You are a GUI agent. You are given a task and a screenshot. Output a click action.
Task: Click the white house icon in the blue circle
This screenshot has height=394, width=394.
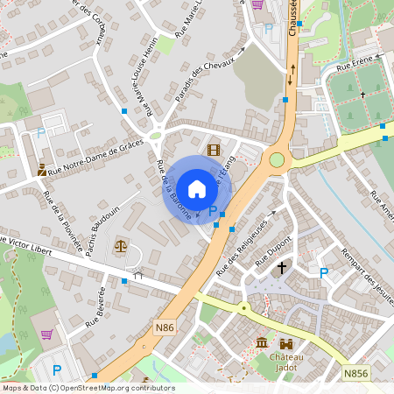[197, 188]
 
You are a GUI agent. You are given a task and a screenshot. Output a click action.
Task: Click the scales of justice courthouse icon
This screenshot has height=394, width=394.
[121, 246]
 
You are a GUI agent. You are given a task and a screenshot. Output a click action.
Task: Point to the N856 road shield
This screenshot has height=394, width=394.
[355, 373]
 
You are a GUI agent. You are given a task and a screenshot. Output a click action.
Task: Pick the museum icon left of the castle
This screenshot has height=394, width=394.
[261, 343]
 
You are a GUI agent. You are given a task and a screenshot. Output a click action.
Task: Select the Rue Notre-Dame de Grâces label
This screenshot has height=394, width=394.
[97, 159]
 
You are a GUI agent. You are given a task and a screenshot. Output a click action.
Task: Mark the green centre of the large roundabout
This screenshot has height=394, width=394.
[278, 159]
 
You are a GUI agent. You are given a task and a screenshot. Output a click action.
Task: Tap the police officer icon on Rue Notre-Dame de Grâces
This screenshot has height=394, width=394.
[42, 168]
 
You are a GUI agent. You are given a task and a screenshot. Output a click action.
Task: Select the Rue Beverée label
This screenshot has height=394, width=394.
[95, 306]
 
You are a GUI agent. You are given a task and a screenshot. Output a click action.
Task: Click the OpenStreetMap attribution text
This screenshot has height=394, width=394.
[88, 388]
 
